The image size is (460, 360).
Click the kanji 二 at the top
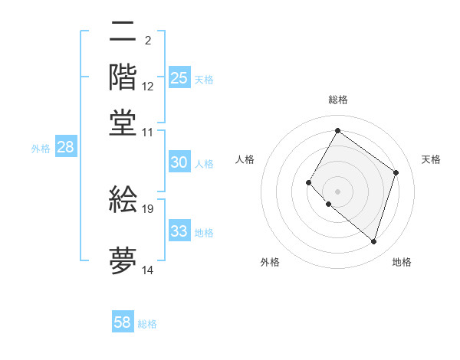point(123,32)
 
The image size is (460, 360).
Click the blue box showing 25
point(179,78)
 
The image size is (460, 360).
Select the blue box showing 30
point(179,162)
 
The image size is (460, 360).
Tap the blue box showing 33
point(179,231)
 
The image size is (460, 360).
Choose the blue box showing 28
point(66,148)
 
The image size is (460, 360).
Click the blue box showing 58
point(123,322)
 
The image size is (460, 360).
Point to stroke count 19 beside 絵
point(148,208)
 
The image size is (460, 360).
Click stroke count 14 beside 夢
point(148,270)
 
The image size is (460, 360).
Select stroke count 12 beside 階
point(148,86)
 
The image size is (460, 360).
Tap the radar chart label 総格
point(337,100)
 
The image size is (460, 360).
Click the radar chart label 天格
point(431,159)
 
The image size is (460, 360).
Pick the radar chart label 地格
point(402,262)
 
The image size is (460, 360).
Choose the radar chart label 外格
point(270,262)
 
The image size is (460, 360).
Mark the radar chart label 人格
point(245,159)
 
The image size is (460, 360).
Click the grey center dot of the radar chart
point(337,191)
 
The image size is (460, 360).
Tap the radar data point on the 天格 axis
point(396,172)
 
